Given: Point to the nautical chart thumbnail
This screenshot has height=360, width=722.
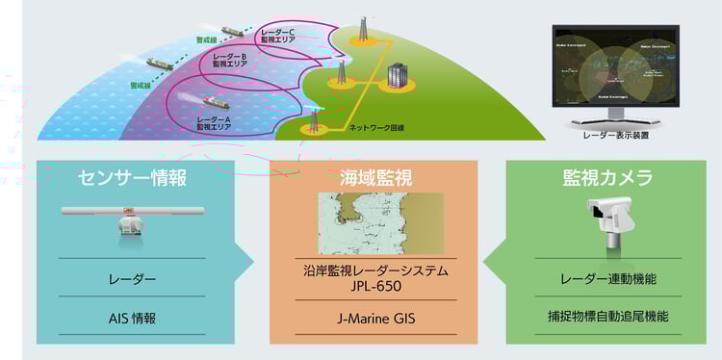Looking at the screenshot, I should click(x=380, y=222).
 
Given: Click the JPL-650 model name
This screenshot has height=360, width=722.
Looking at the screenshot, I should click(x=374, y=286).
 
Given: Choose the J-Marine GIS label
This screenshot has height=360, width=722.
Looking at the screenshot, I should click(x=374, y=317).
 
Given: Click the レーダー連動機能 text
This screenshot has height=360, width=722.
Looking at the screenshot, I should click(x=607, y=280).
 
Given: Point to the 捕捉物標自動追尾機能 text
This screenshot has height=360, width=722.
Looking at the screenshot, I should click(x=607, y=317).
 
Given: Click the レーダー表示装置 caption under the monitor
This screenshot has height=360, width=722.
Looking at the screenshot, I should click(x=615, y=136).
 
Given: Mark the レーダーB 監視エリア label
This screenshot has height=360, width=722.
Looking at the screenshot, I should click(x=230, y=62).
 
